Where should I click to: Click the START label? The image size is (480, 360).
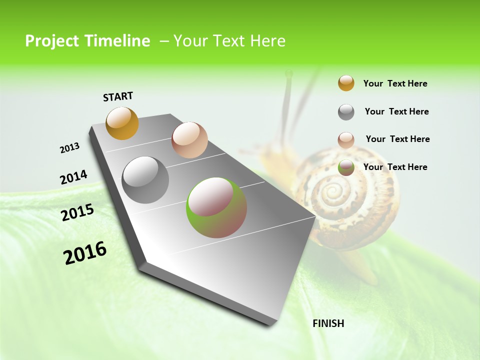[x=118, y=96]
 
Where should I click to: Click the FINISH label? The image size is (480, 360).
[x=328, y=323]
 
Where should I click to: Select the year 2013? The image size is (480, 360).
[x=69, y=147]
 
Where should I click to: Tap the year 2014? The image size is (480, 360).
[x=73, y=177]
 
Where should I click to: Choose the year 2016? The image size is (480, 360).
[x=85, y=252]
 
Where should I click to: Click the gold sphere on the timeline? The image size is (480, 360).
[x=122, y=123]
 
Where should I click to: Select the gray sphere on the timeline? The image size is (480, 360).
[x=145, y=180]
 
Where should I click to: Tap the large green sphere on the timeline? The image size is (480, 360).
[x=216, y=207]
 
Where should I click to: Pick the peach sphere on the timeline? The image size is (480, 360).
[x=189, y=140]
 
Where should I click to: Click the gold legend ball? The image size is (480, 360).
[x=346, y=83]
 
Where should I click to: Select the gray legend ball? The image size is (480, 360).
[x=346, y=112]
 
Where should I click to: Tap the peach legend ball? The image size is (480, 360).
[x=346, y=140]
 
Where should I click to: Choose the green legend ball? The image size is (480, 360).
[x=346, y=167]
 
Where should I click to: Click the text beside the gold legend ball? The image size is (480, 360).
[x=395, y=83]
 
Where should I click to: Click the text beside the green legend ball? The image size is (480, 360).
[x=395, y=167]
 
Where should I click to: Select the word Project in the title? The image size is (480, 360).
[x=52, y=41]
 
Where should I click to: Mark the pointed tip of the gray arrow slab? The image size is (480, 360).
[x=315, y=217]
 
